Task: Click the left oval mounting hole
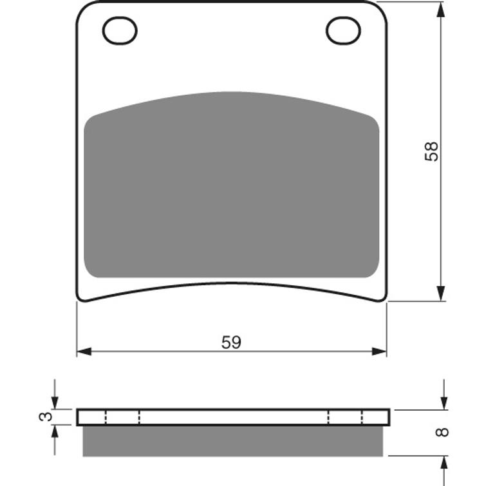120,30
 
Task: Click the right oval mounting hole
343,30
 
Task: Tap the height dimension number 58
432,151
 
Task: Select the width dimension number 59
231,342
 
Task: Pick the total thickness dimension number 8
442,432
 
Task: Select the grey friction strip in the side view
232,441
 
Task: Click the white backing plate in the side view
232,417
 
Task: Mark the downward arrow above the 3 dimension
55,402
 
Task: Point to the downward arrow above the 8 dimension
444,402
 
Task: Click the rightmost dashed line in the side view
362,417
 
